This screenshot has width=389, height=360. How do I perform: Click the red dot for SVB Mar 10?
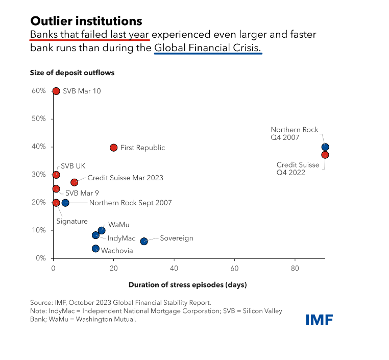coord(56,91)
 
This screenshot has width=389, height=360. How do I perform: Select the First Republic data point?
coord(113,148)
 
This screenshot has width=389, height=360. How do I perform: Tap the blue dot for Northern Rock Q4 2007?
coord(325,147)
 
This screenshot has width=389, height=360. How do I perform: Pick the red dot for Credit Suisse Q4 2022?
coord(325,155)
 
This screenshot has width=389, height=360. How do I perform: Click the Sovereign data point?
coord(144,241)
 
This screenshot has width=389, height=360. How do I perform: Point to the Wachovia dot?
coord(95,249)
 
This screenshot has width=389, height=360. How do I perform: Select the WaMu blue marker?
coord(102,230)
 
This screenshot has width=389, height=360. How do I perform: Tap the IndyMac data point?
coord(95,235)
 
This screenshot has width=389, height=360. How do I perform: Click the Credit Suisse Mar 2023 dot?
coord(75,182)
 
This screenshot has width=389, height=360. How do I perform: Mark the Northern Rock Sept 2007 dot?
coord(65,203)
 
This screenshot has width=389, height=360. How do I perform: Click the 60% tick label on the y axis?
coord(39,91)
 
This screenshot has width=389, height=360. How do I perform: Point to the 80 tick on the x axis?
coord(295,268)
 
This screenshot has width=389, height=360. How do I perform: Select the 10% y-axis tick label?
coord(39,230)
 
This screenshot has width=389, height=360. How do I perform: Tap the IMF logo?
coord(319,320)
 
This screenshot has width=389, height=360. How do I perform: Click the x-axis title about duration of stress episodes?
coord(187,285)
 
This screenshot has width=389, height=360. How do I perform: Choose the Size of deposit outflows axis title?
coord(72,73)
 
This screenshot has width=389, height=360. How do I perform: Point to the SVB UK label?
coord(73,166)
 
